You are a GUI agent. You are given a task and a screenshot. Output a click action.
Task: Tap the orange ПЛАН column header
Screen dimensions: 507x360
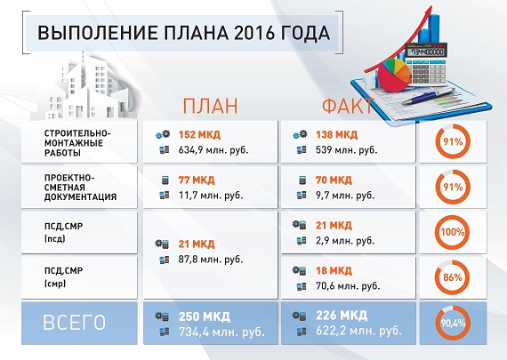click(x=210, y=106)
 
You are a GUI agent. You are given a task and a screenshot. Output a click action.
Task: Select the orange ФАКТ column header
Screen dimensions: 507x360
click(x=347, y=106)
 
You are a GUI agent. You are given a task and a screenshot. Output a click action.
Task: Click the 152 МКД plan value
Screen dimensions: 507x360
click(x=199, y=134)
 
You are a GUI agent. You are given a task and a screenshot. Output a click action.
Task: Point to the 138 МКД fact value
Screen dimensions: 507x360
click(x=336, y=134)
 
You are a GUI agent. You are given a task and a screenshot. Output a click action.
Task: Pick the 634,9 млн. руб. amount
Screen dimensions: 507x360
click(x=213, y=150)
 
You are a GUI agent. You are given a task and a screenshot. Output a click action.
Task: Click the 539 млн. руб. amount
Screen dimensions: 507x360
click(x=347, y=150)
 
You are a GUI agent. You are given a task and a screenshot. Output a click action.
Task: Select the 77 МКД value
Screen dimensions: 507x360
click(x=197, y=180)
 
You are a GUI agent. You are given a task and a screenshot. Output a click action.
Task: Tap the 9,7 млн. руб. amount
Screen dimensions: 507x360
click(x=345, y=196)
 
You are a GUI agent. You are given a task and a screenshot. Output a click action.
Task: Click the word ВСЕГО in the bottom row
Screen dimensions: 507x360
click(x=75, y=323)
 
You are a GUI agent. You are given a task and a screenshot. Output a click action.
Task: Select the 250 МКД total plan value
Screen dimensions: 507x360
click(x=205, y=316)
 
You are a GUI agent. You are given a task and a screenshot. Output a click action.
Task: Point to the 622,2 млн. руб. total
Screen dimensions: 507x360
click(x=359, y=332)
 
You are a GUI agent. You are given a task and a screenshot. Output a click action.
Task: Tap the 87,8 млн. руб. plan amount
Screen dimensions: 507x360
click(x=211, y=260)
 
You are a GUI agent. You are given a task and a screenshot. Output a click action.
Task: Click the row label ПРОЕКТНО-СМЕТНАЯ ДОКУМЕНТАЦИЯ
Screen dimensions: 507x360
click(x=80, y=188)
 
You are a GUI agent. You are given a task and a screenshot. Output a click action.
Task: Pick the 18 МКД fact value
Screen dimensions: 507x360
click(x=334, y=270)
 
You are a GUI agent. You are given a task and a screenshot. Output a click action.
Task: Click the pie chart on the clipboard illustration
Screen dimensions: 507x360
click(x=394, y=75)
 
